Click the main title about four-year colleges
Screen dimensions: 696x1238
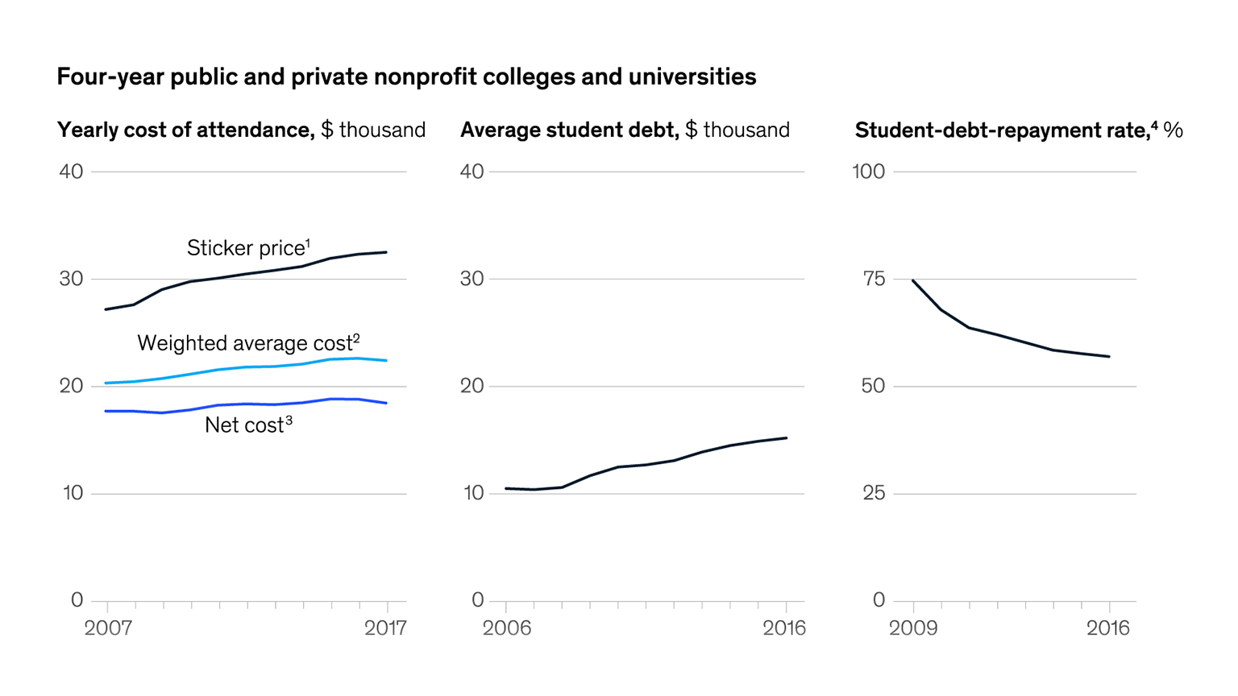click(406, 77)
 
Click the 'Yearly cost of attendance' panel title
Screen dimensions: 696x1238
click(241, 130)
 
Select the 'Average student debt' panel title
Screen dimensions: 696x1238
click(625, 130)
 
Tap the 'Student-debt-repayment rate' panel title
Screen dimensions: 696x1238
click(1018, 130)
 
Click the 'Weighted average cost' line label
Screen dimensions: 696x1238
click(248, 342)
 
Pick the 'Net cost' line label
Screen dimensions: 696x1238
click(248, 425)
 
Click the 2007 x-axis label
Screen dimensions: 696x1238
click(108, 628)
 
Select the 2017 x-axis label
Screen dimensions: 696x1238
click(385, 628)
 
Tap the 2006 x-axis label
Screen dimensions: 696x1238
click(506, 628)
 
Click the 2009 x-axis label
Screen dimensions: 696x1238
click(913, 628)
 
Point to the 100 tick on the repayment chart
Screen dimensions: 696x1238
click(869, 171)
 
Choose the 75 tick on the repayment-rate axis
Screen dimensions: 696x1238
click(874, 279)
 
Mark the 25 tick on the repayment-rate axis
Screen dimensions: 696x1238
click(874, 493)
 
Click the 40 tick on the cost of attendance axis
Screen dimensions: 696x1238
click(71, 171)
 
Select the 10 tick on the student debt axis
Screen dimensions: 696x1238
click(473, 493)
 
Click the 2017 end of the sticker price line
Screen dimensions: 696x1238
click(386, 252)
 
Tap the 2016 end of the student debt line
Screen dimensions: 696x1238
click(786, 438)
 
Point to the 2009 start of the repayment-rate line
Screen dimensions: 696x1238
click(913, 280)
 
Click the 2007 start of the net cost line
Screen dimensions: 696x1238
click(106, 411)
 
